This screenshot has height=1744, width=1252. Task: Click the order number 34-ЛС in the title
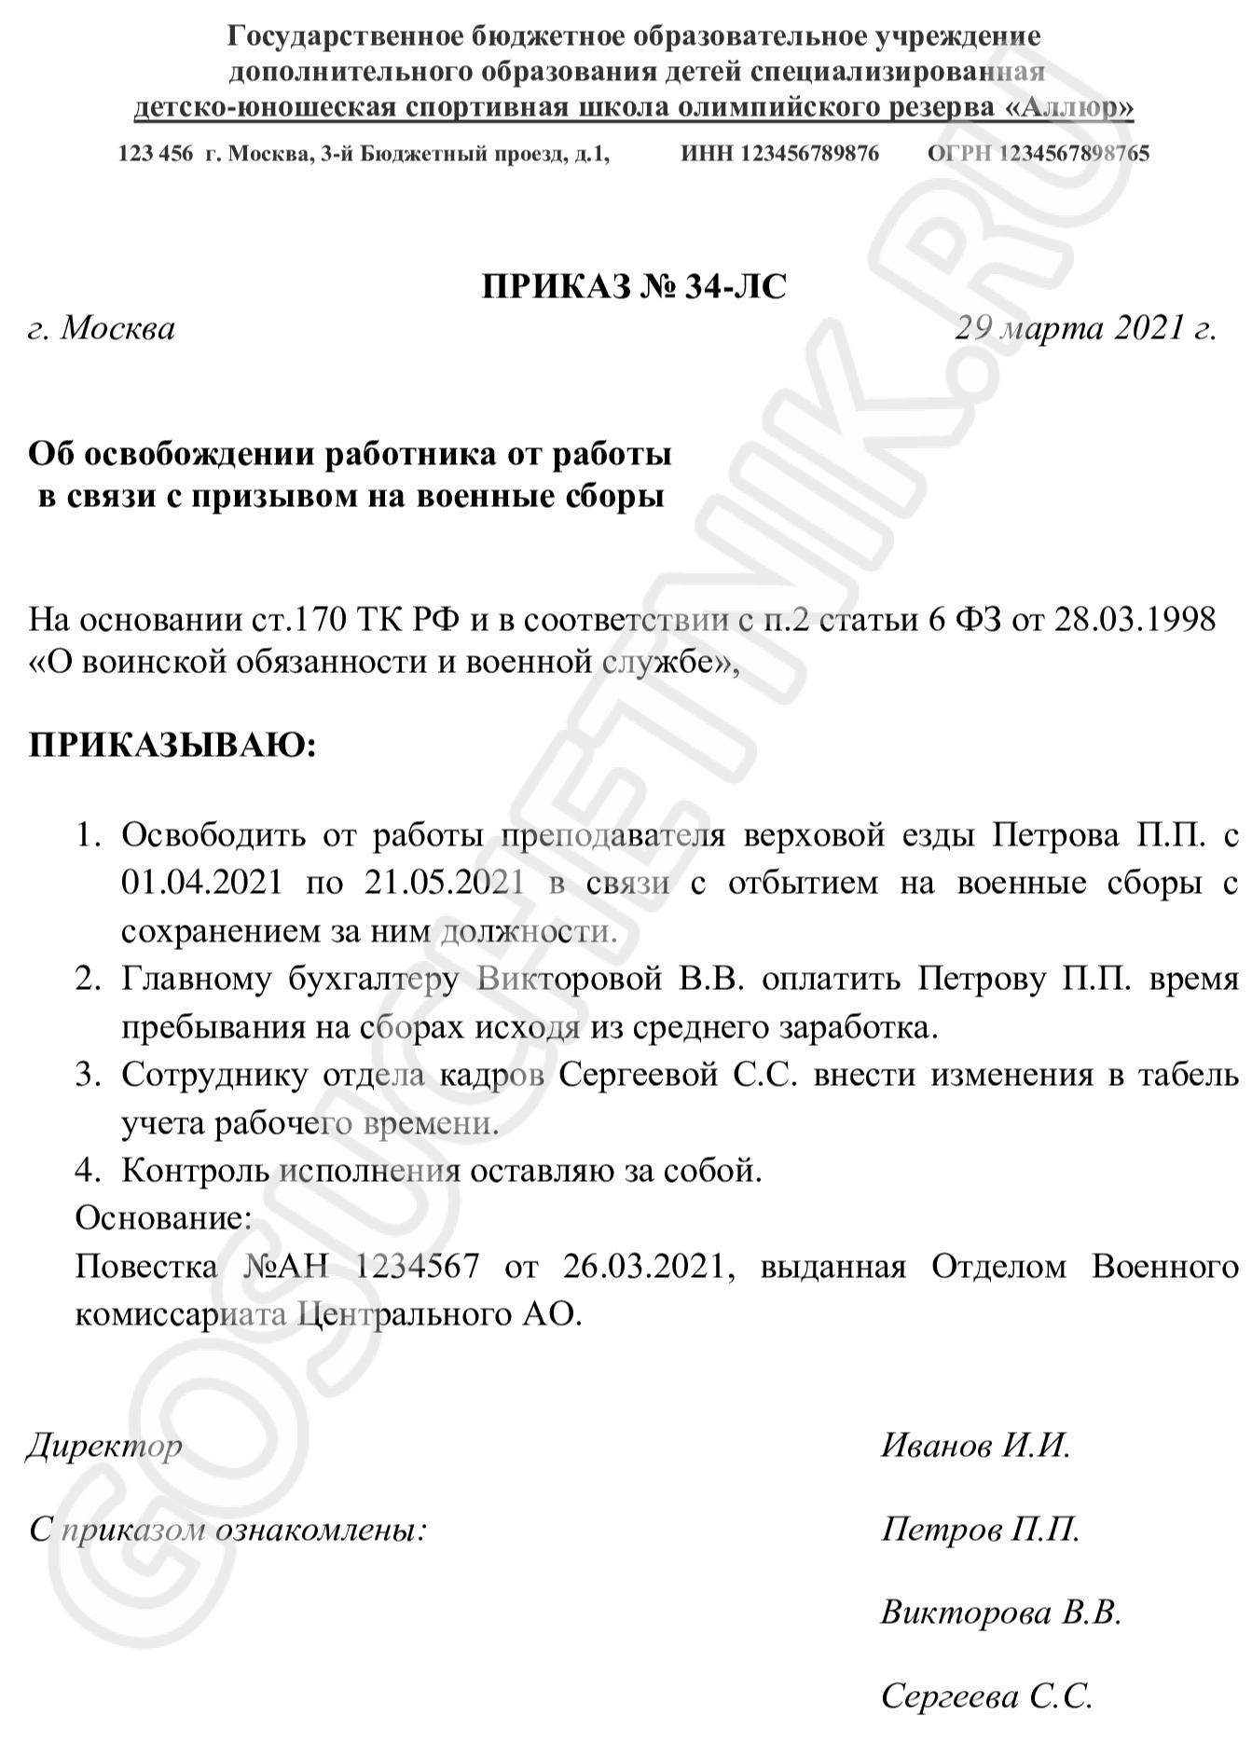coord(735,286)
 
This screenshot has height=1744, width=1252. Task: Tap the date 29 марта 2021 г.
coord(1086,328)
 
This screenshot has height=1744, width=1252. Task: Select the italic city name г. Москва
coord(102,328)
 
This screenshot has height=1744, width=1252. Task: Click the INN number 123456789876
coord(809,154)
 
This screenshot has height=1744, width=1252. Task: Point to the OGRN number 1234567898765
coord(1074,154)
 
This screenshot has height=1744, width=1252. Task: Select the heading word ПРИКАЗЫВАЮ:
coord(172,746)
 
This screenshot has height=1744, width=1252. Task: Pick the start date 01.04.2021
coord(201,882)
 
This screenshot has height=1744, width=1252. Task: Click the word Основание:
coord(163,1217)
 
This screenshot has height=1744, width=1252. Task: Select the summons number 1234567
coord(418,1266)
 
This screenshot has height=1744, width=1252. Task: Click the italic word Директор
coord(103,1446)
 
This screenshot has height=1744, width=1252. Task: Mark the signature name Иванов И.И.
coord(975,1446)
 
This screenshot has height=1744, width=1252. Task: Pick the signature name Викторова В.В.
coord(1000,1613)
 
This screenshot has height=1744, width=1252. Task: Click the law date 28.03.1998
coord(1135,620)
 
